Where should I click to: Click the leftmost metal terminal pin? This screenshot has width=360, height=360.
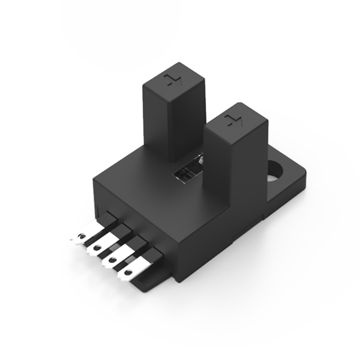[82, 238]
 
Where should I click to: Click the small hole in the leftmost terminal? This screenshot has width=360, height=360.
[79, 238]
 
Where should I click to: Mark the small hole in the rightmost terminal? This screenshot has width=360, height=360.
[127, 274]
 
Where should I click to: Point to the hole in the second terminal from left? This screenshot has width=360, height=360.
[95, 247]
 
